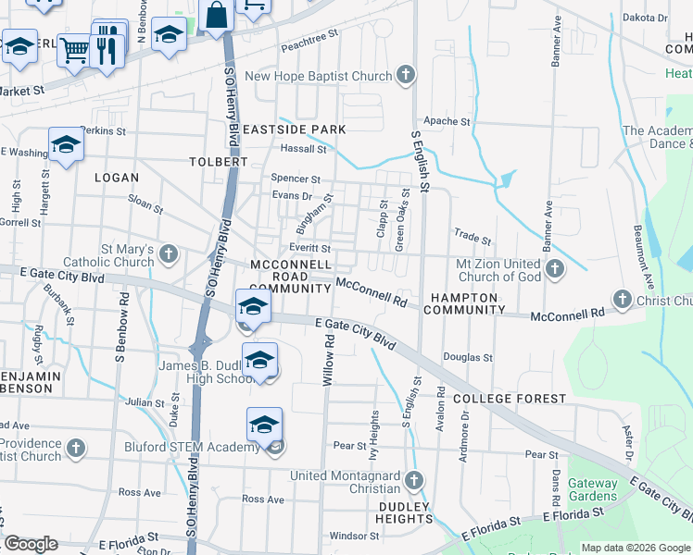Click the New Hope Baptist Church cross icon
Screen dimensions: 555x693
tap(405, 76)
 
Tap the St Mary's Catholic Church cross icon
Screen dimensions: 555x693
tap(169, 253)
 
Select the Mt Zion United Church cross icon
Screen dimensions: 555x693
tap(555, 269)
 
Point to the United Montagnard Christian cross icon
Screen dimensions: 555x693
tap(414, 481)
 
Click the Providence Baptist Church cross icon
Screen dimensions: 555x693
tap(76, 448)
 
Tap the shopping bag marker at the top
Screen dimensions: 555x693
tap(216, 17)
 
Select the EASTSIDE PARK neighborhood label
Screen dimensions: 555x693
tap(295, 129)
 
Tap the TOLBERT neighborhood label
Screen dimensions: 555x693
tap(219, 161)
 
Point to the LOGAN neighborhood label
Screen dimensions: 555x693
tap(116, 178)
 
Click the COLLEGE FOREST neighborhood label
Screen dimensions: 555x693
tap(509, 399)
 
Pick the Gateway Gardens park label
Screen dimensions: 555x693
tap(592, 489)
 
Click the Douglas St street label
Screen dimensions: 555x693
tap(467, 357)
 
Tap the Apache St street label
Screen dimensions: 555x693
tap(447, 121)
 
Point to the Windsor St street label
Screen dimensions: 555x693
tap(354, 536)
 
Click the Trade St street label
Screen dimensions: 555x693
tap(472, 238)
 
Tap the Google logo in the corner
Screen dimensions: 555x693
tap(31, 544)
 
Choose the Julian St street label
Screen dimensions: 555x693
tap(145, 402)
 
